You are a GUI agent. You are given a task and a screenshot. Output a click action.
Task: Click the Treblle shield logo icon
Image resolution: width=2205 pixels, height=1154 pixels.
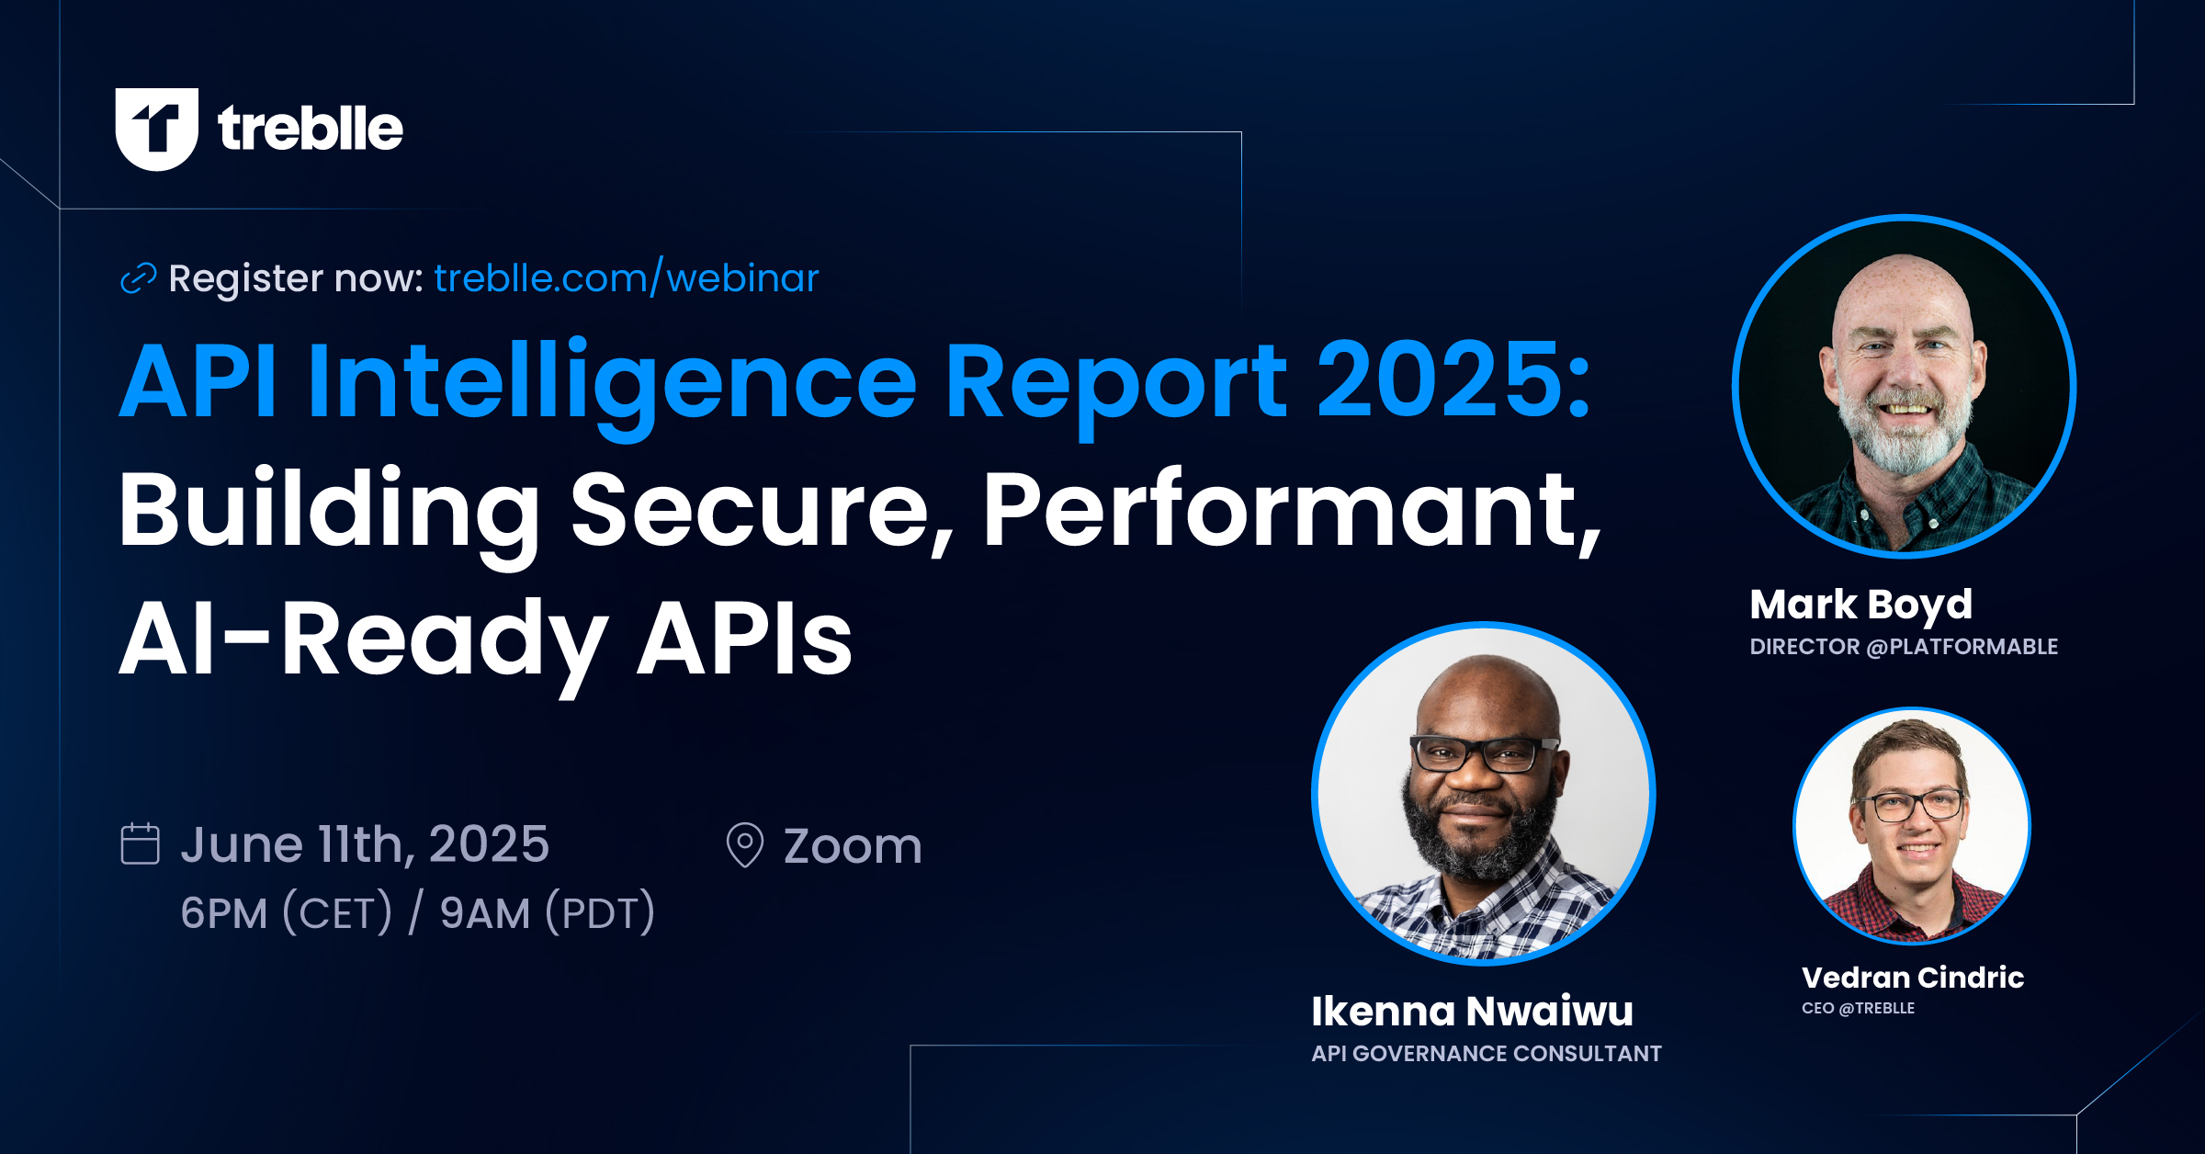pyautogui.click(x=156, y=129)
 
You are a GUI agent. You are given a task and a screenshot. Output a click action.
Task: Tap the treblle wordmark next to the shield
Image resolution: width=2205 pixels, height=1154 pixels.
pyautogui.click(x=310, y=129)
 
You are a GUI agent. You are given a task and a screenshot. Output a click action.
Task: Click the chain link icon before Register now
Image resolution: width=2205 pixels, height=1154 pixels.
pyautogui.click(x=139, y=277)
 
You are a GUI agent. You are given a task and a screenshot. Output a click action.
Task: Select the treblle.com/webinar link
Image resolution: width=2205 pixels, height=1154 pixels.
pyautogui.click(x=626, y=277)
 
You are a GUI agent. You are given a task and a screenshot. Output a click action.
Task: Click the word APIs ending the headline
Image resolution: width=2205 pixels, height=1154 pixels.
pyautogui.click(x=744, y=639)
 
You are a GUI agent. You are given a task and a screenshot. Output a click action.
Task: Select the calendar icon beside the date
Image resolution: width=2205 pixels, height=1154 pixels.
pyautogui.click(x=140, y=843)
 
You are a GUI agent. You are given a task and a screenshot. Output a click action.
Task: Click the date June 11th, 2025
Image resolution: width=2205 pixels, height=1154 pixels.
pyautogui.click(x=365, y=843)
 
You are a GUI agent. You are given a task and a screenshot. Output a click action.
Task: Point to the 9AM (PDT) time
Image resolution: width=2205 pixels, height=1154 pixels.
pyautogui.click(x=548, y=912)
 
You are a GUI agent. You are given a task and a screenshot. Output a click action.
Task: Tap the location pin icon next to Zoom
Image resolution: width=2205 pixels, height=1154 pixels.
pyautogui.click(x=744, y=844)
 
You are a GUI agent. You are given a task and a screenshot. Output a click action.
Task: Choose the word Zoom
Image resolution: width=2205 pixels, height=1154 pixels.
pyautogui.click(x=853, y=845)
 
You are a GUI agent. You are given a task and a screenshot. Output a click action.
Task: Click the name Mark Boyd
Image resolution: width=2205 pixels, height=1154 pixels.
pyautogui.click(x=1860, y=605)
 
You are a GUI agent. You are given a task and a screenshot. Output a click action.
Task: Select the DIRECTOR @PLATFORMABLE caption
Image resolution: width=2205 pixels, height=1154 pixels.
pyautogui.click(x=1903, y=647)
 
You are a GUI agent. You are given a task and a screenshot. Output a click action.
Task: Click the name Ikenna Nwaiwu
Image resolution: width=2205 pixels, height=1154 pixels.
pyautogui.click(x=1472, y=1011)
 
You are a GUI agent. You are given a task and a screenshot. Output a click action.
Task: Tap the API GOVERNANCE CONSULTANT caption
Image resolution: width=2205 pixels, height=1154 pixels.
pyautogui.click(x=1486, y=1054)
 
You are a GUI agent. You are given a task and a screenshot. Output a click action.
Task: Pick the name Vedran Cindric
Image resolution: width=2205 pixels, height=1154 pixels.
pyautogui.click(x=1913, y=977)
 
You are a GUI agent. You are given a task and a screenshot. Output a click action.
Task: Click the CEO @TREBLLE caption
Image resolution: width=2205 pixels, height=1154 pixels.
pyautogui.click(x=1858, y=1008)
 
